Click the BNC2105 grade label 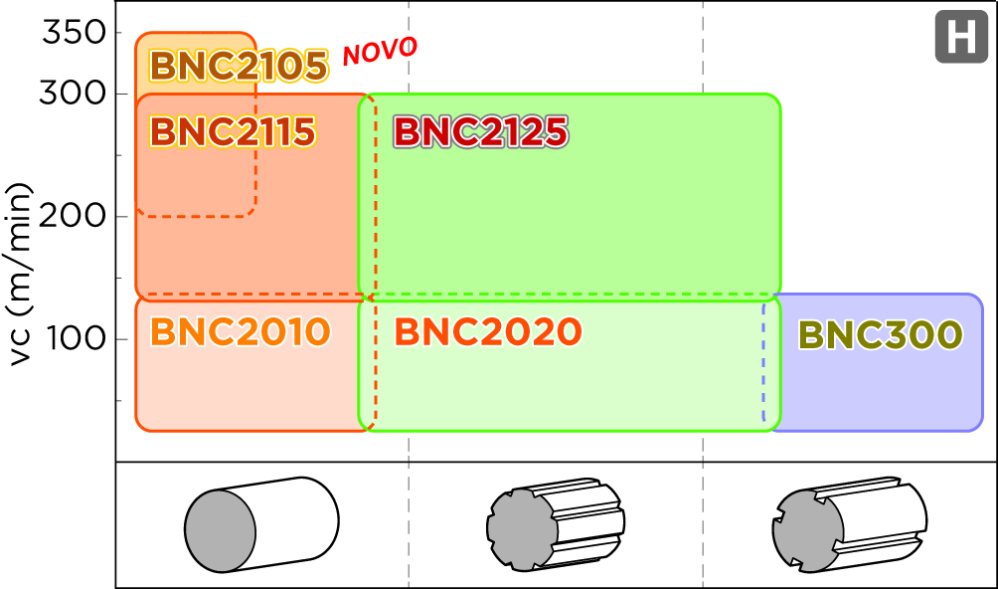tap(238, 67)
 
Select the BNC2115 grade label tap(232, 131)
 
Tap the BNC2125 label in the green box tap(480, 131)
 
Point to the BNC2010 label tap(240, 331)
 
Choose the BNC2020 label tap(487, 331)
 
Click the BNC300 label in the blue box tap(880, 335)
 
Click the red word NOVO tap(380, 52)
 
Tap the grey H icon tap(960, 39)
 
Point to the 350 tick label tap(74, 33)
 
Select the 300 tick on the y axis tap(74, 94)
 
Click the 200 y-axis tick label tap(74, 216)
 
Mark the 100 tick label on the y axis tap(74, 339)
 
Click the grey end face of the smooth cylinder tap(220, 531)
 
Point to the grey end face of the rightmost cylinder tap(808, 531)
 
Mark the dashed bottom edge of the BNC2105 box tap(196, 216)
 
